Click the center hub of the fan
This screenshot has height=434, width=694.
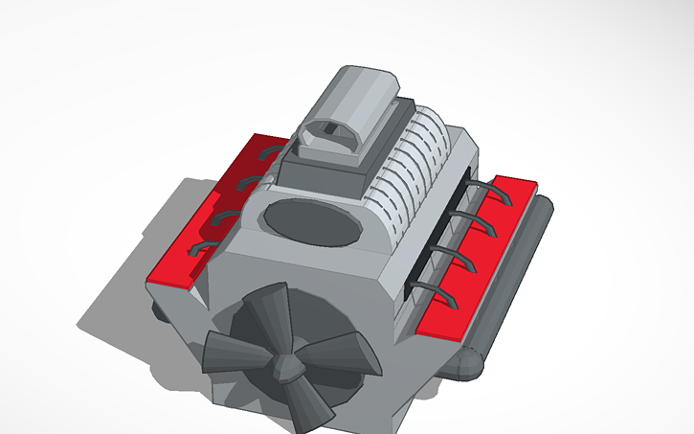pos(282,366)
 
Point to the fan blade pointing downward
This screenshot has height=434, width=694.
pos(304,406)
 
